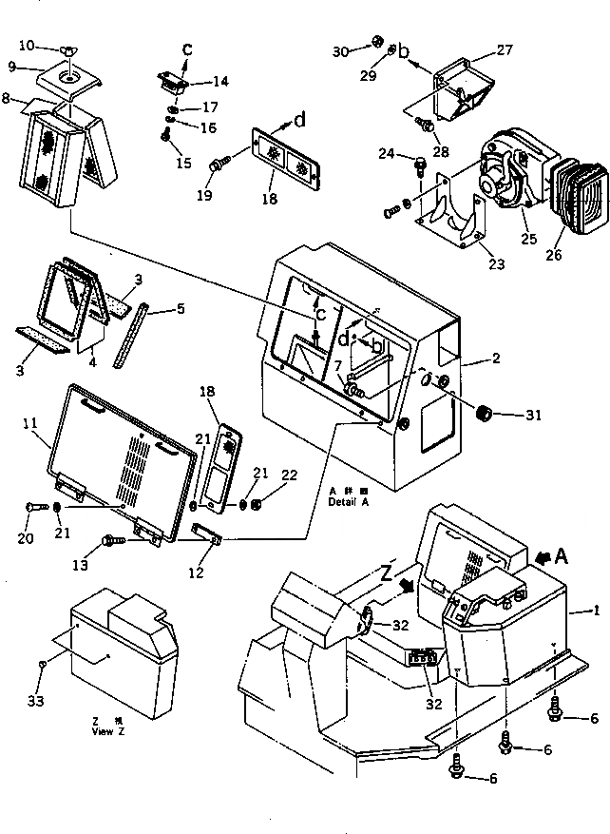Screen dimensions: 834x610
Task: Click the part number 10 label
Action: [x=26, y=45]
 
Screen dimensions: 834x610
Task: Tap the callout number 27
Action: [x=504, y=49]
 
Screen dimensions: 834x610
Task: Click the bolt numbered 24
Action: [x=419, y=167]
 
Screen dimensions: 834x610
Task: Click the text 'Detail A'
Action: [x=349, y=502]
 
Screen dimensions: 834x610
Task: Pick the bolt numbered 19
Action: [x=218, y=166]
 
